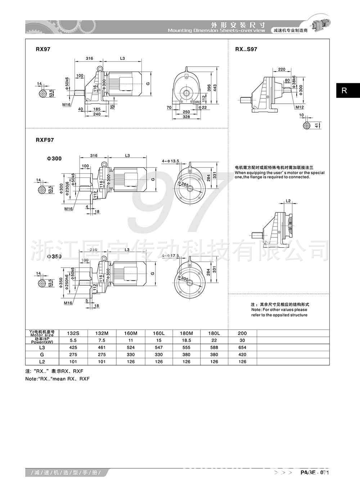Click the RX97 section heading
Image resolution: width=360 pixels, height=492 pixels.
pyautogui.click(x=43, y=49)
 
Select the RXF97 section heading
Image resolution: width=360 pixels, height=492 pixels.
pyautogui.click(x=45, y=140)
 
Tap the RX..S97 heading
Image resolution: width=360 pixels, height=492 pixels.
pyautogui.click(x=246, y=49)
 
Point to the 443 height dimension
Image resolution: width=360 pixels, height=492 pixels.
pyautogui.click(x=215, y=88)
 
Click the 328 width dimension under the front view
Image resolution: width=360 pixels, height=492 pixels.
pyautogui.click(x=186, y=117)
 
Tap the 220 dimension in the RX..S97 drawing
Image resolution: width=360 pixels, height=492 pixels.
pyautogui.click(x=282, y=69)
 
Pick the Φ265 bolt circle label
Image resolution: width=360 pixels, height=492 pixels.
pyautogui.click(x=185, y=184)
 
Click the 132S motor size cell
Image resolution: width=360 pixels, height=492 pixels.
pyautogui.click(x=73, y=333)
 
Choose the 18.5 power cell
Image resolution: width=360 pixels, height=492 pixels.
pyautogui.click(x=186, y=340)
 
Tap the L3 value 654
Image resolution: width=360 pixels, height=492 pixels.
pyautogui.click(x=242, y=348)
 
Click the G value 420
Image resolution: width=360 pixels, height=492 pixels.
pyautogui.click(x=242, y=355)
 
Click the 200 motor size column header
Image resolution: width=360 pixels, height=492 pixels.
pyautogui.click(x=242, y=333)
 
